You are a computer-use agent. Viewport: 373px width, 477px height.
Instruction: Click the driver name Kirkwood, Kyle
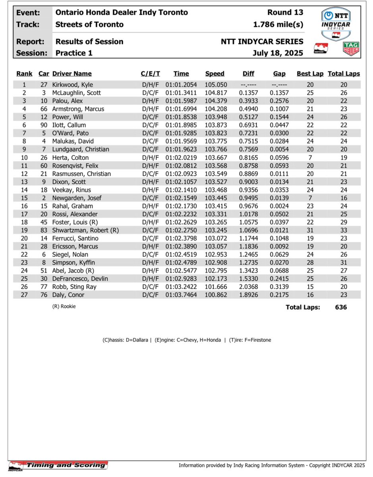[x=72, y=85]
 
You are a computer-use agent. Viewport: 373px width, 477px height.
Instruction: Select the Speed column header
[x=215, y=74]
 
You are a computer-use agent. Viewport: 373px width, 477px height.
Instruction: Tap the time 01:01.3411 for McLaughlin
[x=181, y=93]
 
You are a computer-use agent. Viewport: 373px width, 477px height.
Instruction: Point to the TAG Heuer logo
[x=351, y=48]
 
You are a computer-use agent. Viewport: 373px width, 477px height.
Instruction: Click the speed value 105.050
[x=215, y=85]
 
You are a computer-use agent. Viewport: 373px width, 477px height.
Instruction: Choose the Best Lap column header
[x=310, y=74]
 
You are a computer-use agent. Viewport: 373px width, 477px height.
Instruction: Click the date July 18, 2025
[x=278, y=52]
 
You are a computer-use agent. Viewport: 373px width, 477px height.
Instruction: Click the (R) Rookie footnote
[x=64, y=306]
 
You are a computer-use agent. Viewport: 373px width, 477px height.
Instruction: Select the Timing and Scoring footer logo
[x=58, y=465]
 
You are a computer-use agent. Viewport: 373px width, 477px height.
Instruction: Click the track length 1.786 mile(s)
[x=278, y=24]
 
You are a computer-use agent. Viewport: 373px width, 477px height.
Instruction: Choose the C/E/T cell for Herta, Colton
[x=150, y=157]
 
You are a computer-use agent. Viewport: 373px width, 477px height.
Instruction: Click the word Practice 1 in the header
[x=74, y=52]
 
